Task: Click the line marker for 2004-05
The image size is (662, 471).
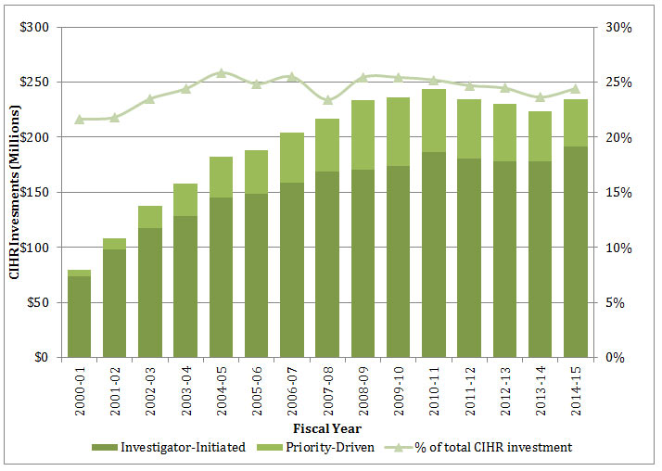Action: tap(221, 72)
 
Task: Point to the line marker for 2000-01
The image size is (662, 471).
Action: tap(80, 119)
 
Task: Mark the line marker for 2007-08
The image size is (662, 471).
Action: tap(327, 100)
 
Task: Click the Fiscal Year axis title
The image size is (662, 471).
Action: tap(327, 429)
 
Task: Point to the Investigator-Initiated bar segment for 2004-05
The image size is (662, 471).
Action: tap(221, 277)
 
